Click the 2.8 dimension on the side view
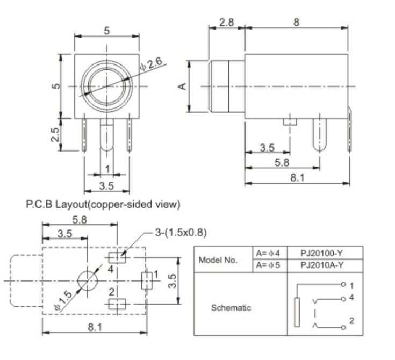(x=226, y=22)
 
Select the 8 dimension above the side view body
(x=296, y=22)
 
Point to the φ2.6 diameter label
(x=151, y=64)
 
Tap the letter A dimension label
(x=182, y=86)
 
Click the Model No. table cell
(x=221, y=260)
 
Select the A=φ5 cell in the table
(x=270, y=265)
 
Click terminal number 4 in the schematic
(x=351, y=297)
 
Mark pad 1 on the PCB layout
(x=146, y=280)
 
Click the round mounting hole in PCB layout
(x=87, y=280)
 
